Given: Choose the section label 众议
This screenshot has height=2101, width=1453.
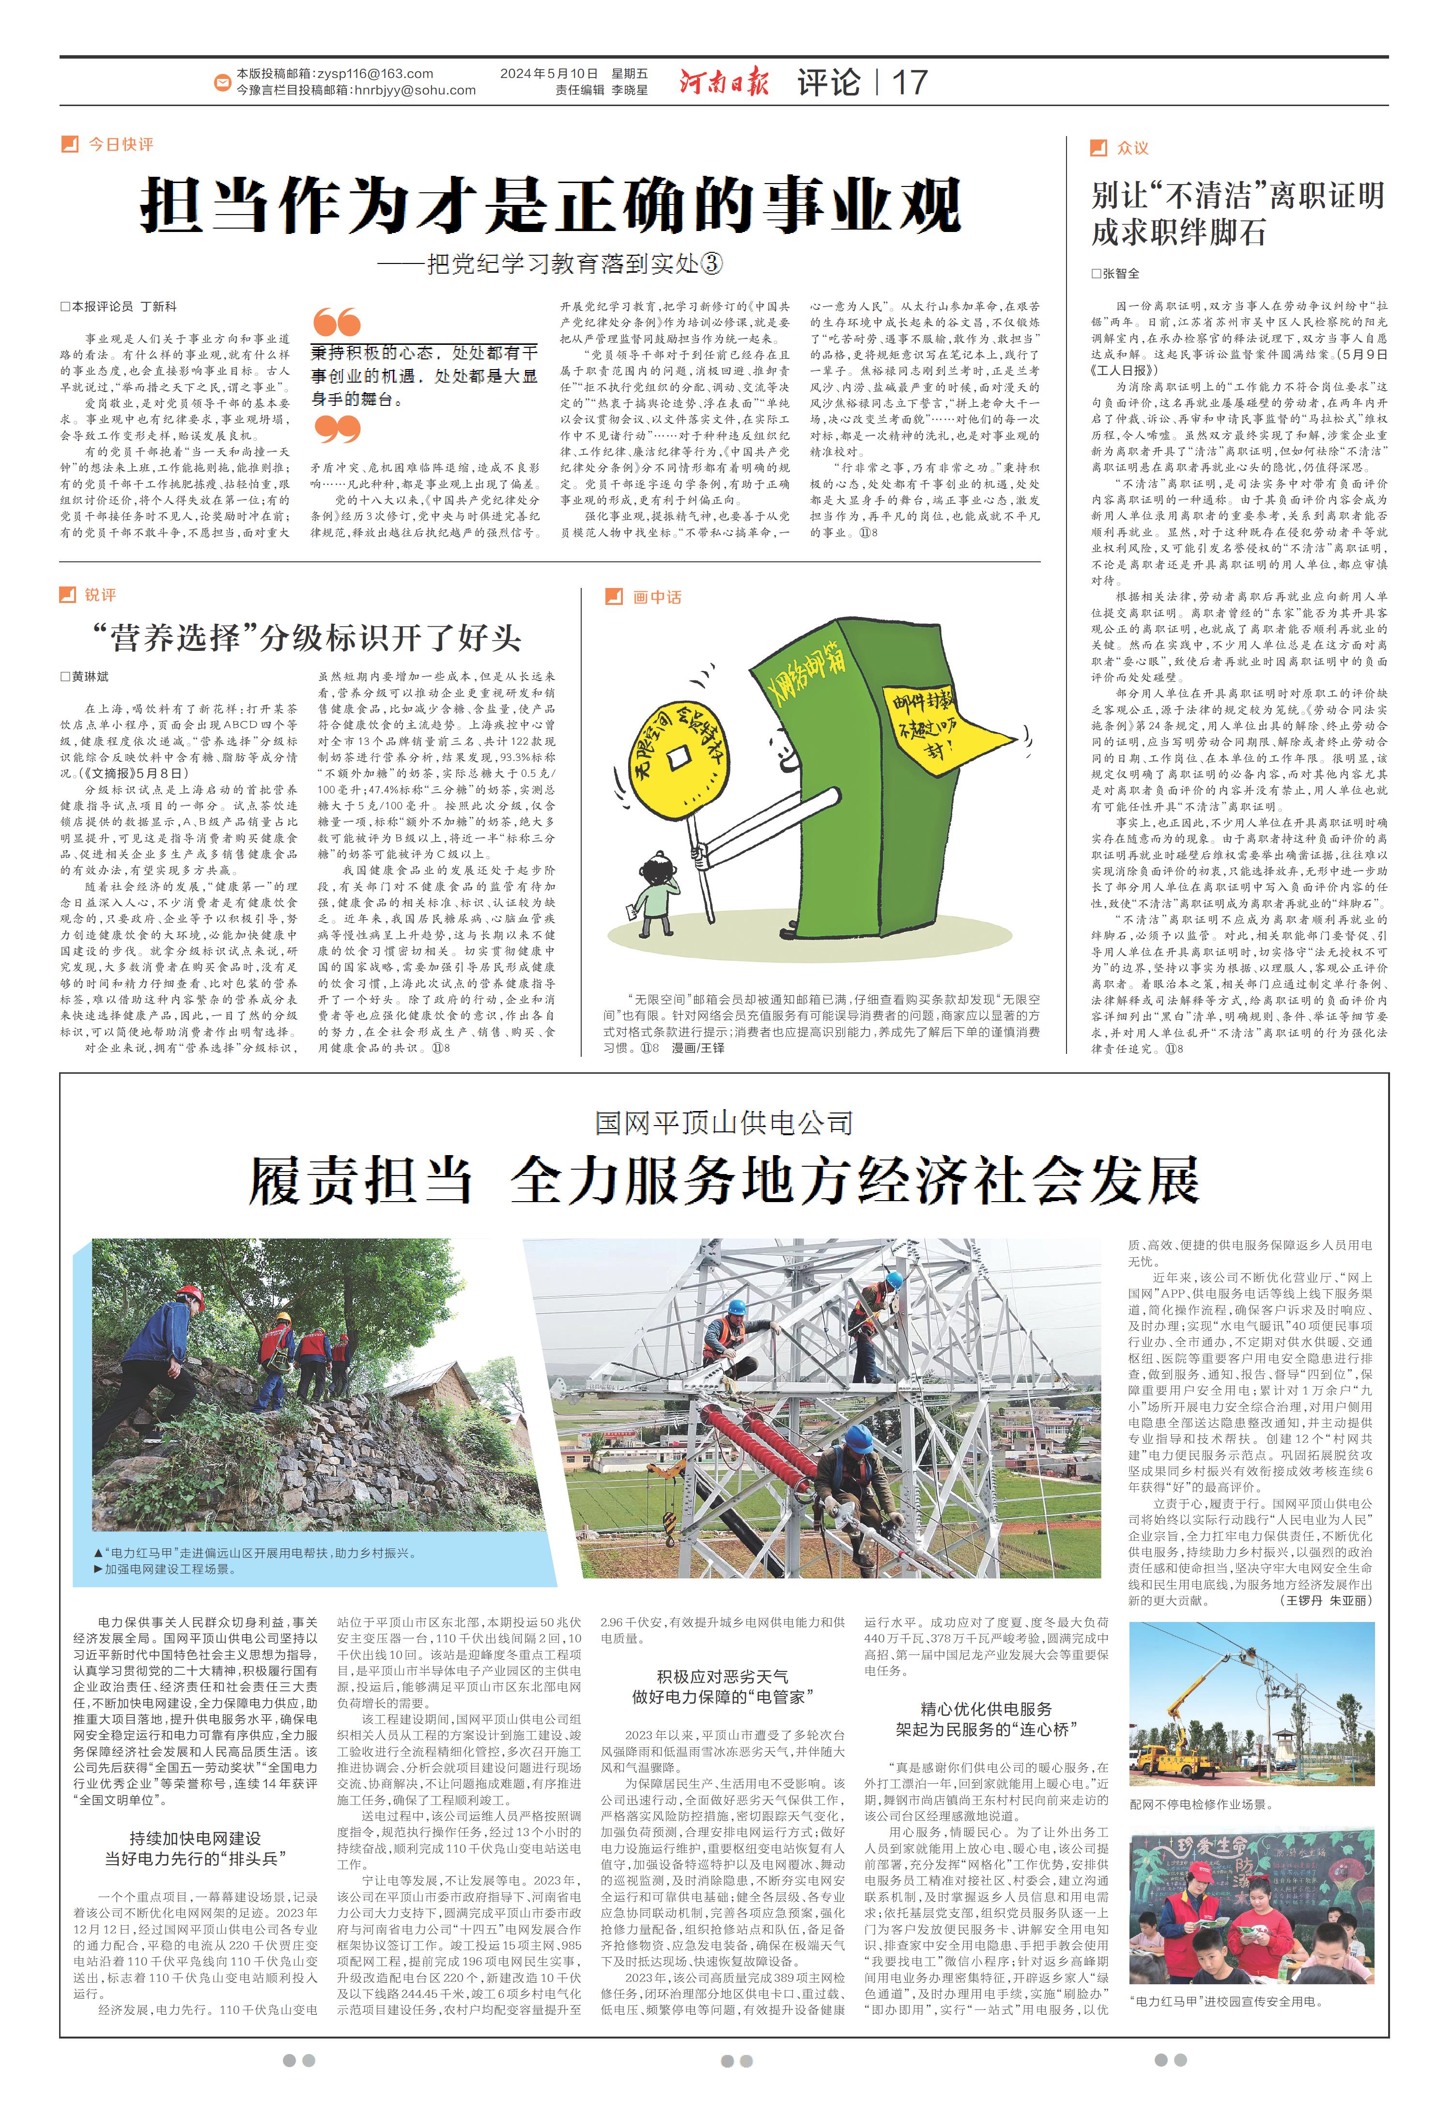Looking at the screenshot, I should [1132, 147].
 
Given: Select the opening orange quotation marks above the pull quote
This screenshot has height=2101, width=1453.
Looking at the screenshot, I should [336, 322].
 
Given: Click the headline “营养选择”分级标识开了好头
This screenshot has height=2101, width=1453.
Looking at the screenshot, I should [306, 637].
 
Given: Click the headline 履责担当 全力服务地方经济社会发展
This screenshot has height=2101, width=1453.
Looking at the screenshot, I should [724, 1182].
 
